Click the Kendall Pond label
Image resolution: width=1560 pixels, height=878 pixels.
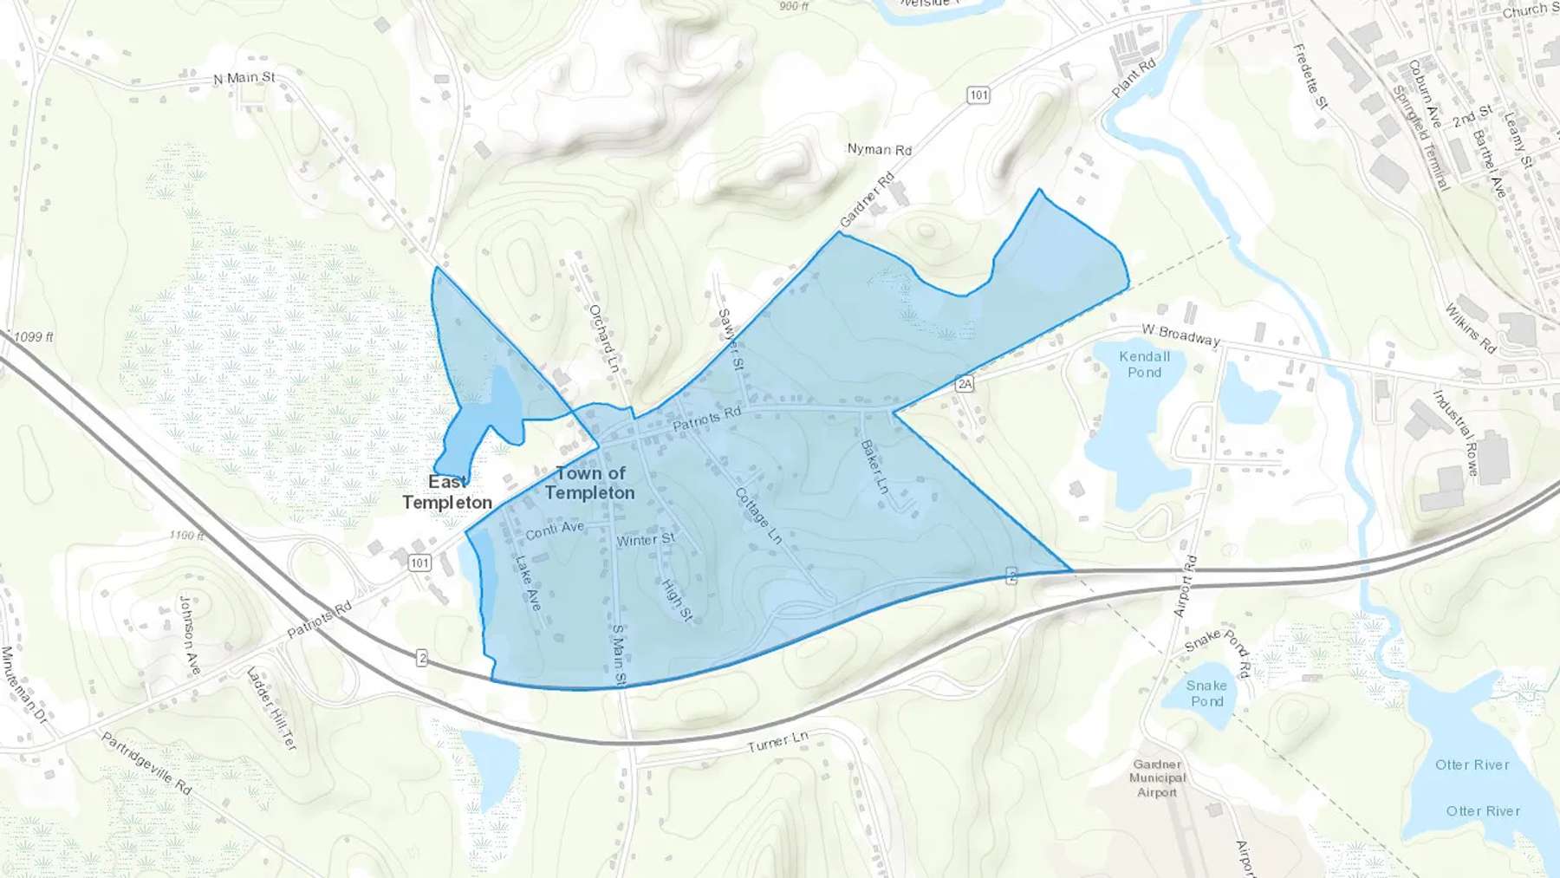click(x=1144, y=364)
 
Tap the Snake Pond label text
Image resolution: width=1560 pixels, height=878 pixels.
click(x=1206, y=693)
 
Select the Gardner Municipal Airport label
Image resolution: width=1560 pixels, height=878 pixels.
click(x=1157, y=778)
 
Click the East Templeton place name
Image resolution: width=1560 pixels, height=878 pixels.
click(x=447, y=492)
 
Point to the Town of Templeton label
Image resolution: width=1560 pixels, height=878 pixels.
click(x=589, y=483)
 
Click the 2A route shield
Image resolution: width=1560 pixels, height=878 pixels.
click(x=965, y=383)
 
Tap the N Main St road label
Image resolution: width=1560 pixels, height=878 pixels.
click(x=244, y=78)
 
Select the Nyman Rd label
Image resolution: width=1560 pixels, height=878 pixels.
click(x=879, y=149)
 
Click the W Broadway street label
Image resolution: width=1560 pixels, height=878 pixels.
click(x=1180, y=335)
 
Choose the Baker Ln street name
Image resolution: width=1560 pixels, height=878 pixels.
click(x=874, y=467)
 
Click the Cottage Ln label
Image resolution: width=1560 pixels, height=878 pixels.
click(x=758, y=516)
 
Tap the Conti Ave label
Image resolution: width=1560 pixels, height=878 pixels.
click(x=555, y=529)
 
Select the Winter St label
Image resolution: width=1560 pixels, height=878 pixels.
click(x=646, y=540)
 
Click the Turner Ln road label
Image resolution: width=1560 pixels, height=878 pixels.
click(x=778, y=742)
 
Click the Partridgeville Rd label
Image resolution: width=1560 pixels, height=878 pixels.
click(x=146, y=764)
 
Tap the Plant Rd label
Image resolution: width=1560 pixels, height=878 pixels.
click(x=1134, y=78)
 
